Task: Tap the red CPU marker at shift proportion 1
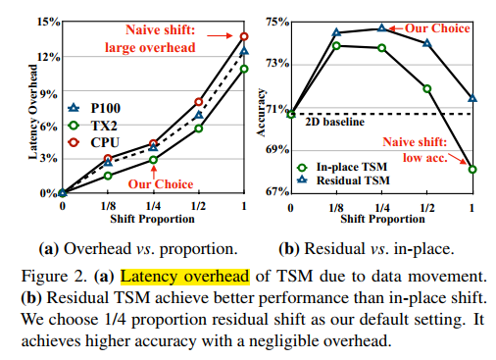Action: click(x=244, y=37)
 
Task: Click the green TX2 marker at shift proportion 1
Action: click(x=244, y=69)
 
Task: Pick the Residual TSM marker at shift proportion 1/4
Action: click(x=381, y=28)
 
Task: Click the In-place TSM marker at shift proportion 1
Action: click(x=472, y=169)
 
